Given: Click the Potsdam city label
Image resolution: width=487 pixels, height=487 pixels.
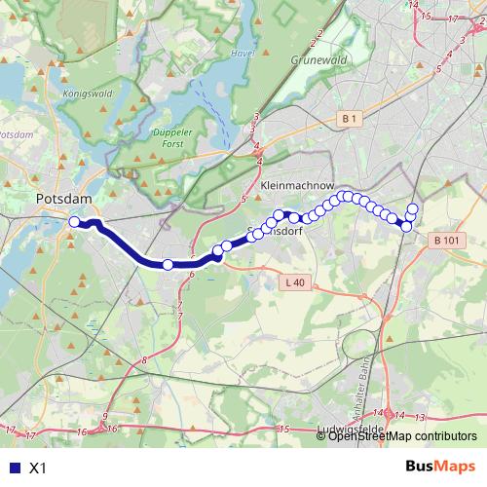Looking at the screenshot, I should click(x=63, y=199).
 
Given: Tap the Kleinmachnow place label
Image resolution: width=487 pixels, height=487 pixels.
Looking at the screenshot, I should click(x=298, y=183).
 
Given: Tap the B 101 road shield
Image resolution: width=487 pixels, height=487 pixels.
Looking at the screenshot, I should click(x=447, y=241).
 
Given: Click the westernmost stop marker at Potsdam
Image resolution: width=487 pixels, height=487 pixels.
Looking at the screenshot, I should click(x=74, y=222).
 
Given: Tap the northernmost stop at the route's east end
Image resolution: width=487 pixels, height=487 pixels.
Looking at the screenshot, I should click(x=412, y=208).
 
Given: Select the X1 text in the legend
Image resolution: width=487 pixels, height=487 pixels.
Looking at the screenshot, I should click(x=38, y=468).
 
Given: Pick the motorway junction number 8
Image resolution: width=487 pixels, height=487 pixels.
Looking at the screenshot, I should click(x=144, y=361).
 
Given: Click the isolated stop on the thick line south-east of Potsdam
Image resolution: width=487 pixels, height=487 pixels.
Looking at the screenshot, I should click(x=168, y=265).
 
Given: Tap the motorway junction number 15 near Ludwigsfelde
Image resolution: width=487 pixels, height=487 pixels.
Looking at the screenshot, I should click(x=284, y=429).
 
